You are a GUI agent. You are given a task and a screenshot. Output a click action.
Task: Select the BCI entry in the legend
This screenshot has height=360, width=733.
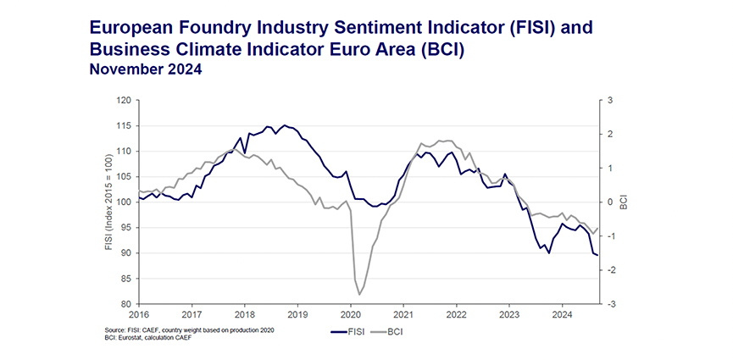[x=395, y=331]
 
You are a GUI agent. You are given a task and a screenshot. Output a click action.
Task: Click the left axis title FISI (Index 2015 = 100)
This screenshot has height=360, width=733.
[x=108, y=202]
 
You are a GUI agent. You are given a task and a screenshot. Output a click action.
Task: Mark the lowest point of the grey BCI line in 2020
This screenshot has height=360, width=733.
[x=359, y=294]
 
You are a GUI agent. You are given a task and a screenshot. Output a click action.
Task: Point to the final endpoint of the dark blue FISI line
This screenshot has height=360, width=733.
[x=597, y=255]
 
